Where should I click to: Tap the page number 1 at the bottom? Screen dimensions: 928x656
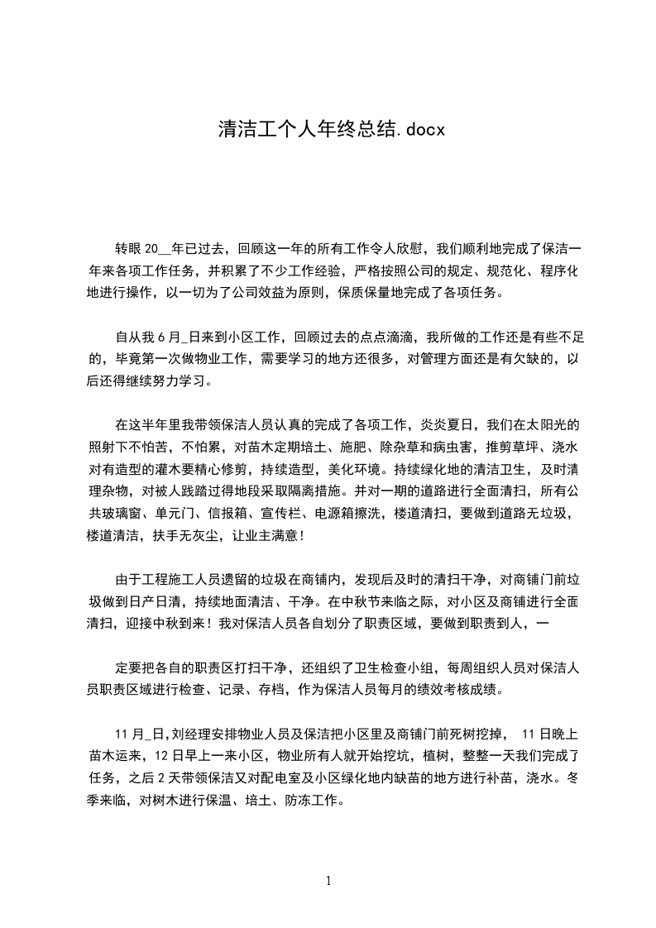pyautogui.click(x=328, y=880)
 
